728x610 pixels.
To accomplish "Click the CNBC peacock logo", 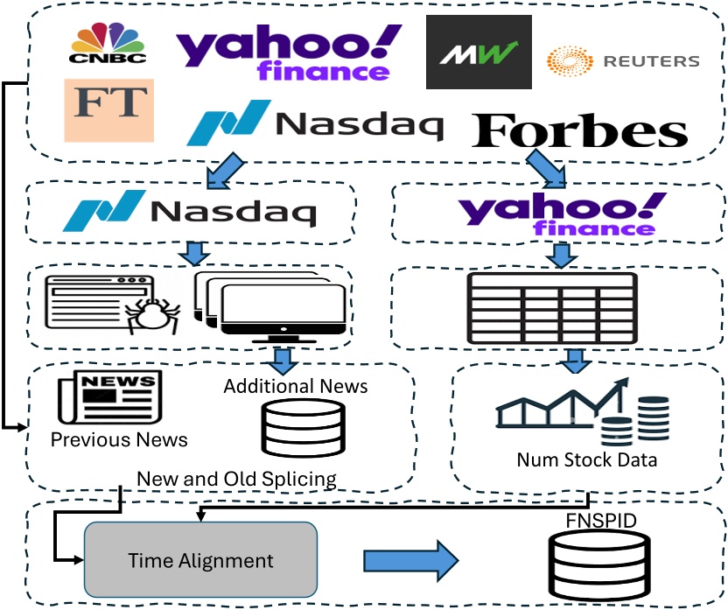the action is pyautogui.click(x=108, y=43).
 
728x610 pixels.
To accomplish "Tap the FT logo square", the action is pyautogui.click(x=109, y=110).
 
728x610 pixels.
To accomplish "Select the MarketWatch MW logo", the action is pyautogui.click(x=479, y=52).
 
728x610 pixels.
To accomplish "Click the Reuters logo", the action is pyautogui.click(x=623, y=60).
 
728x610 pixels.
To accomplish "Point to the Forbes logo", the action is pyautogui.click(x=579, y=130).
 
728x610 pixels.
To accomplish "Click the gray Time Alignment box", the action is pyautogui.click(x=200, y=559).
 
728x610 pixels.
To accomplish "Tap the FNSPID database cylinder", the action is pyautogui.click(x=598, y=565).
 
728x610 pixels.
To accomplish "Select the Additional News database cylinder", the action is pyautogui.click(x=304, y=428).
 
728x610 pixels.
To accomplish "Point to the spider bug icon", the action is pyautogui.click(x=152, y=315).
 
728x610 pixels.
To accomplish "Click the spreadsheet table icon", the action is pyautogui.click(x=552, y=308).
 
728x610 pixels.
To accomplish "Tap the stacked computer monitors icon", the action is pyautogui.click(x=270, y=306).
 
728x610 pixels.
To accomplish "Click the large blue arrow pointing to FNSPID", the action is pyautogui.click(x=411, y=561).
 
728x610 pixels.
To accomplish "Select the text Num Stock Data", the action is pyautogui.click(x=587, y=459).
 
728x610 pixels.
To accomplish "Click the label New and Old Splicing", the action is pyautogui.click(x=237, y=479).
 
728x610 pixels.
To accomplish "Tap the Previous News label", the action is pyautogui.click(x=119, y=439).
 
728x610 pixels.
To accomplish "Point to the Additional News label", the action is pyautogui.click(x=296, y=386).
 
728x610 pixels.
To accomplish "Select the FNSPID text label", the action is pyautogui.click(x=601, y=521).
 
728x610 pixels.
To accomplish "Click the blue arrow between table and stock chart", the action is pyautogui.click(x=576, y=361).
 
